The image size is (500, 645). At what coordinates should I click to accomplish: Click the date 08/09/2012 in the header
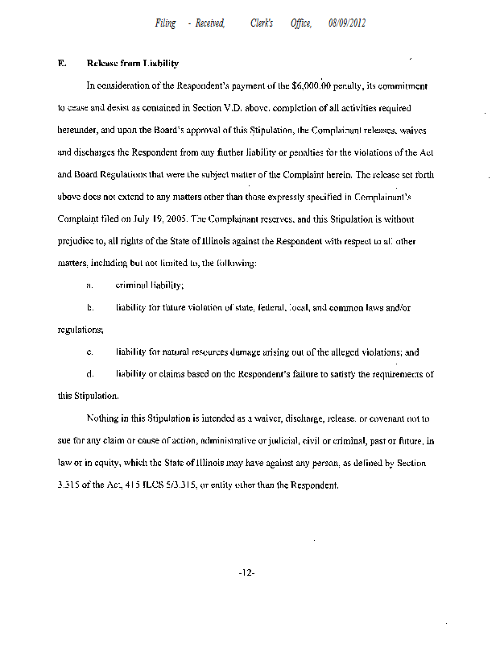coord(347,23)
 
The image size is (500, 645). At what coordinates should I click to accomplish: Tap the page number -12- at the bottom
coord(247,573)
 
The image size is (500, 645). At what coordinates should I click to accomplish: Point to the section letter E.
coord(61,63)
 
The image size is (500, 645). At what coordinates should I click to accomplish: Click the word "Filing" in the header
coord(166,23)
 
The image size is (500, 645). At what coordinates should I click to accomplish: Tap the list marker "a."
coord(90,285)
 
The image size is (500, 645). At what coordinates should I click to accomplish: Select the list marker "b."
coord(90,308)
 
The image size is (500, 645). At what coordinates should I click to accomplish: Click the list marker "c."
coord(90,352)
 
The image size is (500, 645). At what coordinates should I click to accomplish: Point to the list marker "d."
coord(90,374)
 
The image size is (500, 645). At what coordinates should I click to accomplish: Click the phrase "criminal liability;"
coord(151,285)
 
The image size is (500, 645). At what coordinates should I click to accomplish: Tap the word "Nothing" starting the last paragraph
coord(103,419)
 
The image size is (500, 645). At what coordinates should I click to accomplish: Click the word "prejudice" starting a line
coord(77,240)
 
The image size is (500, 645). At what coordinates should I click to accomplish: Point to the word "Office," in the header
coord(303,23)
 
